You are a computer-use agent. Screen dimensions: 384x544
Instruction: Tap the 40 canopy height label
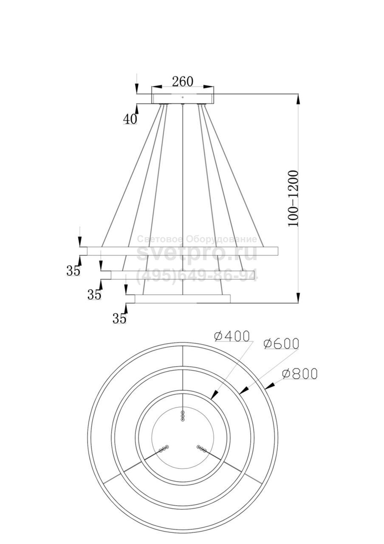click(x=130, y=119)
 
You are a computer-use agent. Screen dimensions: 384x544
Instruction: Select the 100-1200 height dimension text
click(x=293, y=198)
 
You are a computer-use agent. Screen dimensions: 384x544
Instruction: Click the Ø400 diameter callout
click(x=232, y=336)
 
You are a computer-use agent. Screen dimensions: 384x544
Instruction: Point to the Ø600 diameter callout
click(x=281, y=343)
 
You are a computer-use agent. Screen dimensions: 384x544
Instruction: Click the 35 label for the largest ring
click(x=73, y=270)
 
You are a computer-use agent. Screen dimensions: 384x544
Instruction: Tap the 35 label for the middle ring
click(x=94, y=295)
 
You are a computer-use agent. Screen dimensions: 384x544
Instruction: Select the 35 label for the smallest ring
click(x=120, y=318)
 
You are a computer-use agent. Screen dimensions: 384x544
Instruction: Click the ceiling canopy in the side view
click(x=183, y=99)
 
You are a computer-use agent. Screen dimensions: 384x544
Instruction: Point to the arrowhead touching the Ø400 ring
click(x=214, y=394)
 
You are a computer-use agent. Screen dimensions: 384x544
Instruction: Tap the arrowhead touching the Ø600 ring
click(x=243, y=390)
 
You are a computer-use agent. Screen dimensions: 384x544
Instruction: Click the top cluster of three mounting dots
click(x=183, y=416)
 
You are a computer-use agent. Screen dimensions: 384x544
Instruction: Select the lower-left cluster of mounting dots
click(x=164, y=448)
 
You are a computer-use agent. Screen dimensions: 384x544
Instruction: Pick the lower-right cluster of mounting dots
click(x=201, y=448)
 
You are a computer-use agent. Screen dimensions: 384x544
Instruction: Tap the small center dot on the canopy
click(x=183, y=98)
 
